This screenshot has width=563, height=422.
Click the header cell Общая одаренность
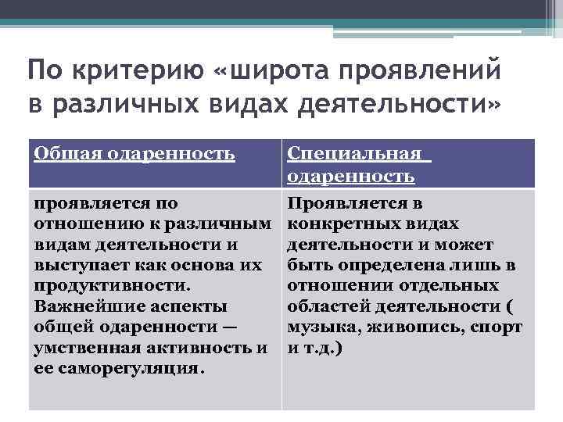[x=134, y=154]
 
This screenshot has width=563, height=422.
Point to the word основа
[x=215, y=265]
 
